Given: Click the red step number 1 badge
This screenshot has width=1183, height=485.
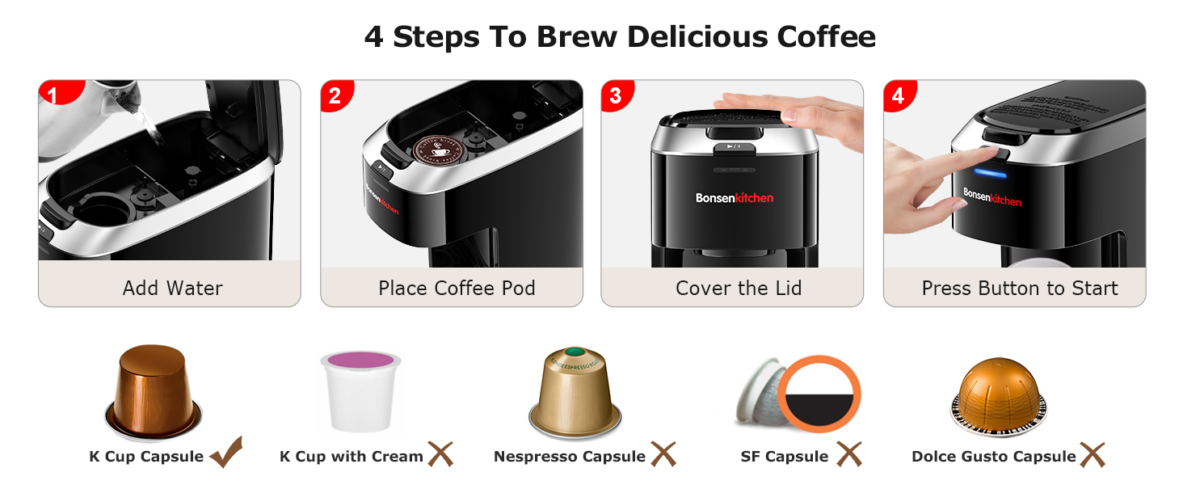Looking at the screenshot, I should (53, 95).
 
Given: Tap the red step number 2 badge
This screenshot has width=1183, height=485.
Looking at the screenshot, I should (335, 95).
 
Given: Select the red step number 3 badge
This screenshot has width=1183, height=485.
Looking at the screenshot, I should (616, 95).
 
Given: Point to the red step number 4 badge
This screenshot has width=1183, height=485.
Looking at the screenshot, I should (898, 95).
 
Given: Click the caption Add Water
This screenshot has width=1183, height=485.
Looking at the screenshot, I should (172, 288).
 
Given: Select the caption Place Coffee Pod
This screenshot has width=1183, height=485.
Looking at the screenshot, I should (457, 288).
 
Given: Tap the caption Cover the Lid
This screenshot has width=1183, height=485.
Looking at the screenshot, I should (739, 288).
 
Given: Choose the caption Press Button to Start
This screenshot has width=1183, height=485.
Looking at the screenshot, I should (1020, 288).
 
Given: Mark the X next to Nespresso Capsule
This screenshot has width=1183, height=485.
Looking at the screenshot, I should (663, 454).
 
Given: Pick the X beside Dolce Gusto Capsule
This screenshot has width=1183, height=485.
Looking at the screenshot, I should (1092, 454).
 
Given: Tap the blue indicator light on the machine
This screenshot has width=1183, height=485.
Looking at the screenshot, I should (989, 172).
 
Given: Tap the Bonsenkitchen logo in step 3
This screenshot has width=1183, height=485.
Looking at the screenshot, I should (735, 198).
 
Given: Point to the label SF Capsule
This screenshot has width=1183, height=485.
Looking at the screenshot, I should (784, 457).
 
